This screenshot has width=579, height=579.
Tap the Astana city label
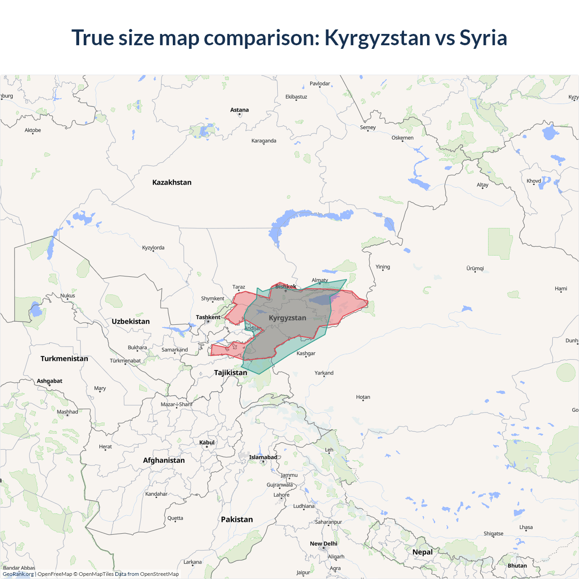click(239, 110)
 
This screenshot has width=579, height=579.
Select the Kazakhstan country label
click(171, 182)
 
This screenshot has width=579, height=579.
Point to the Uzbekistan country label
click(130, 322)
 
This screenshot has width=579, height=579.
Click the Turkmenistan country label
click(64, 359)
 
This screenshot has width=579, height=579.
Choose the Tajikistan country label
click(230, 373)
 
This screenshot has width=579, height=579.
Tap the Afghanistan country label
click(164, 460)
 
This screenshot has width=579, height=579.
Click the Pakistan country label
click(237, 520)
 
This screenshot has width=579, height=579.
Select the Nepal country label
click(422, 552)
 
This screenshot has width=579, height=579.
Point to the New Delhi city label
click(323, 544)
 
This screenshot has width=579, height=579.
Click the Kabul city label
click(207, 442)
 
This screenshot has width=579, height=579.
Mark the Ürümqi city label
click(475, 268)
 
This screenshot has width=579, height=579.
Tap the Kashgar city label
click(306, 353)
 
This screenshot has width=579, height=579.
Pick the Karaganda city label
click(264, 141)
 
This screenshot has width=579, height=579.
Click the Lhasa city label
click(526, 527)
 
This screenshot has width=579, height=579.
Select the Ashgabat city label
click(49, 381)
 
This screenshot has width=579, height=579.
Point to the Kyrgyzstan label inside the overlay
click(287, 318)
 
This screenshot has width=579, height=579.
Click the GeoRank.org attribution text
click(18, 574)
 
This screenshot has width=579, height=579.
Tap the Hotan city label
click(363, 397)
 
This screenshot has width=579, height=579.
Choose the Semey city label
click(368, 128)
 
